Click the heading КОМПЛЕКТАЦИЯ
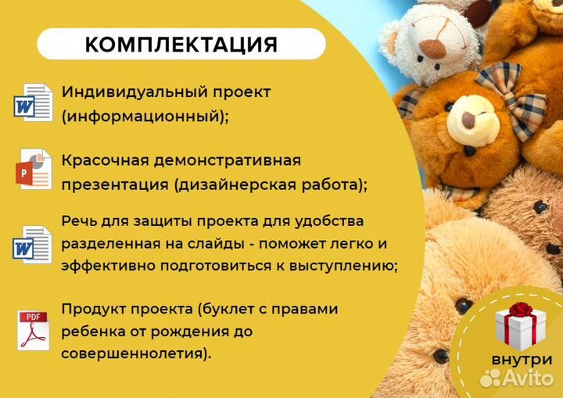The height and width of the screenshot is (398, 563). [181, 45]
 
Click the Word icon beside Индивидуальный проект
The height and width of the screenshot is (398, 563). [33, 102]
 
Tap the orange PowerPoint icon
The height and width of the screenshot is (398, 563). [33, 169]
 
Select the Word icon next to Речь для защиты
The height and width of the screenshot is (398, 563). [33, 243]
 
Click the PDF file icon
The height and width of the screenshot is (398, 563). [34, 329]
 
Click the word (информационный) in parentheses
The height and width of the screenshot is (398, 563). [144, 117]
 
